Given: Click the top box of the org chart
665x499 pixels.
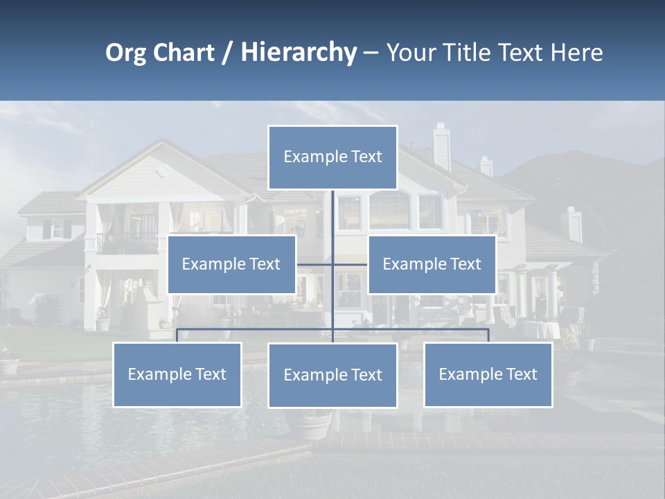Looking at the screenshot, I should [332, 157].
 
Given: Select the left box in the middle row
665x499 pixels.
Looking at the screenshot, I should [231, 264].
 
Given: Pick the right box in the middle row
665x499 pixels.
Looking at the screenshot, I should [432, 264].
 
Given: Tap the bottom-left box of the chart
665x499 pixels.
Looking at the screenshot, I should [177, 374].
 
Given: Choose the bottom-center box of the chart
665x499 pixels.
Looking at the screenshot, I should [332, 375].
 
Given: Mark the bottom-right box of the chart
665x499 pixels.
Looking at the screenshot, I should [488, 374].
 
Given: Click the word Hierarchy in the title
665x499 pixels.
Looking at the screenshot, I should [299, 52].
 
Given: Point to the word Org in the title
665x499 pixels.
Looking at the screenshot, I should [125, 52].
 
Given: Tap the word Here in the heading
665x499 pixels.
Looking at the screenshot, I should [576, 52].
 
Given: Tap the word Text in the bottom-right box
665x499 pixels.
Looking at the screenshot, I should [521, 374].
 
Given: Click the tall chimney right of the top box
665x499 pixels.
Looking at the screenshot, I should [441, 146].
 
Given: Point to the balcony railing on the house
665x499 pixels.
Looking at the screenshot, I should [127, 243].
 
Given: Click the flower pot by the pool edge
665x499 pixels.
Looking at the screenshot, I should [314, 425].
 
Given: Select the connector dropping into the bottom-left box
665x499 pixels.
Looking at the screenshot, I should [177, 335].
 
